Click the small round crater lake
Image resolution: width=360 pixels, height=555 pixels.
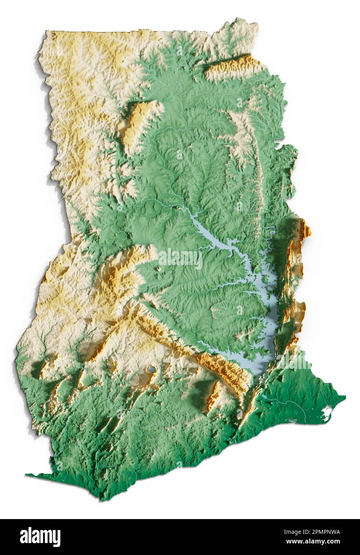[x=152, y=370]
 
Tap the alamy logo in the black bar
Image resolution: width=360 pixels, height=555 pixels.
[x=40, y=537]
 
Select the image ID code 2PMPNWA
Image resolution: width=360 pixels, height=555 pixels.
[x=320, y=532]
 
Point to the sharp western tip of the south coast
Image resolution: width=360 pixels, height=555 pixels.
[x=26, y=475]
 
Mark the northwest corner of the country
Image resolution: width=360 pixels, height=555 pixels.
[x=46, y=31]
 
